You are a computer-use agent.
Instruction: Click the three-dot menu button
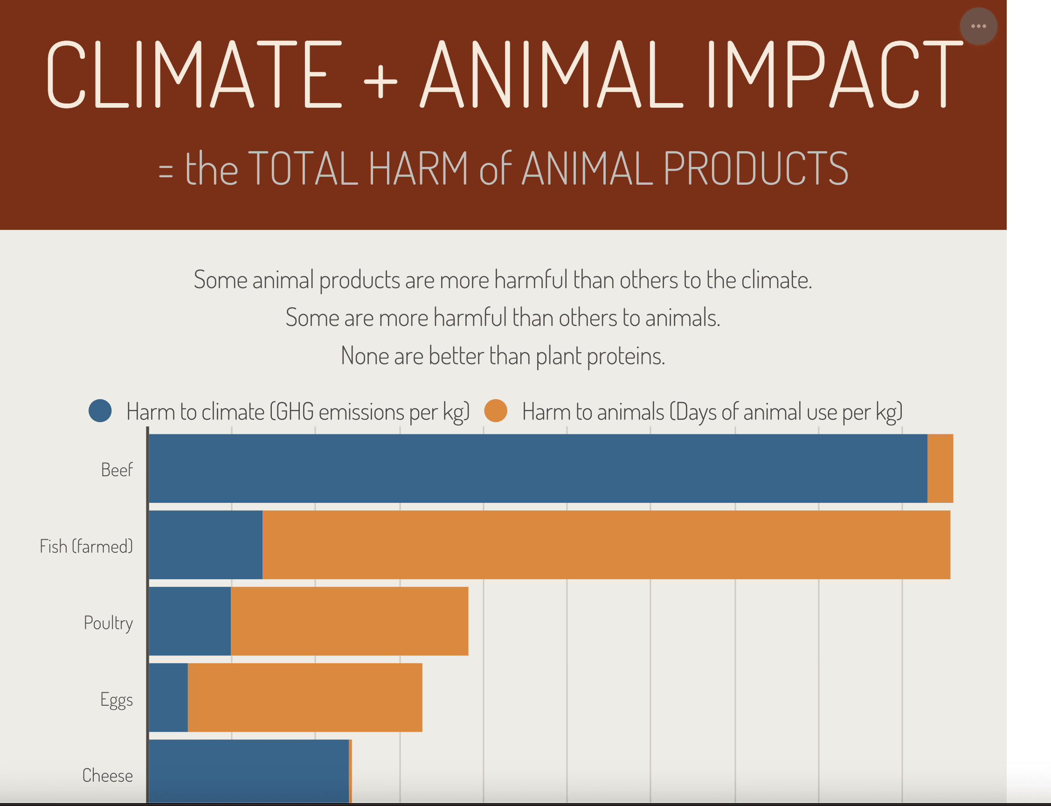pyautogui.click(x=978, y=26)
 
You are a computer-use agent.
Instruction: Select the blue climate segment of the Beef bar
pyautogui.click(x=537, y=468)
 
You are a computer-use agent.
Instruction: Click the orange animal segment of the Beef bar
pyautogui.click(x=940, y=468)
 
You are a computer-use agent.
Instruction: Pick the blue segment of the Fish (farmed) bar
pyautogui.click(x=205, y=544)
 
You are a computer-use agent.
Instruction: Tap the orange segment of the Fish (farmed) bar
pyautogui.click(x=606, y=544)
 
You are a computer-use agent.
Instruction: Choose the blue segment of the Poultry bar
pyautogui.click(x=189, y=621)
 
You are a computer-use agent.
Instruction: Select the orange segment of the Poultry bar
pyautogui.click(x=349, y=621)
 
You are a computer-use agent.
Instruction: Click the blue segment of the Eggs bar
pyautogui.click(x=168, y=697)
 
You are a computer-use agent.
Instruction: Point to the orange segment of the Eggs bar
pyautogui.click(x=304, y=697)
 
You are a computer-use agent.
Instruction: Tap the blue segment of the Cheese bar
pyautogui.click(x=249, y=770)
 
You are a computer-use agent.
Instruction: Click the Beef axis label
pyautogui.click(x=117, y=470)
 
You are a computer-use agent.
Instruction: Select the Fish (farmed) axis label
pyautogui.click(x=86, y=546)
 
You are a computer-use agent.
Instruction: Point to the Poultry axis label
pyautogui.click(x=108, y=623)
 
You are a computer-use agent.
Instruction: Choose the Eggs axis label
pyautogui.click(x=117, y=700)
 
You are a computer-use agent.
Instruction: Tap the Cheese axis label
pyautogui.click(x=107, y=775)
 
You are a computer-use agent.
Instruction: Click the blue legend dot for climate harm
pyautogui.click(x=100, y=410)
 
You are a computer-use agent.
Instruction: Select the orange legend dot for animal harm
pyautogui.click(x=496, y=410)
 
